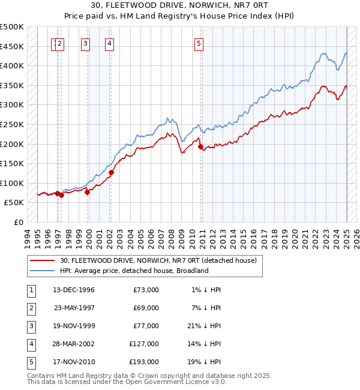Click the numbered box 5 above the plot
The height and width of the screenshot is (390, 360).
199,43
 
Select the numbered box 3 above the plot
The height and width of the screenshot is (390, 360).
86,43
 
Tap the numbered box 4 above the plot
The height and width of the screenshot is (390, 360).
110,43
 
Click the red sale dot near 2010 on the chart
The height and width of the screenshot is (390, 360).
200,146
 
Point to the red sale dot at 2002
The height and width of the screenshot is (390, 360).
111,172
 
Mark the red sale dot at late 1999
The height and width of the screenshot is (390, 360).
87,192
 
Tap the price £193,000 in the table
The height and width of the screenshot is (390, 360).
144,362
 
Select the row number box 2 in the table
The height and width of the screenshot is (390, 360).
31,308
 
